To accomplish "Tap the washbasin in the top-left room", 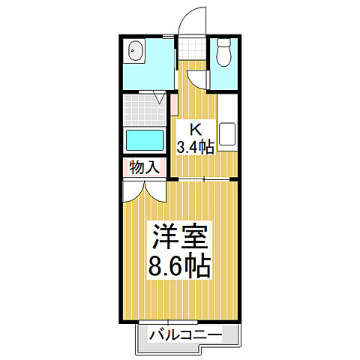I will pos(136,53).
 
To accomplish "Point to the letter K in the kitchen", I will pos(194,129).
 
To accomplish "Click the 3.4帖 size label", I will pos(195,146).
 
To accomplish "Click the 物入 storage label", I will pos(144,167).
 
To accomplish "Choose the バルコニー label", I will pos(184,334).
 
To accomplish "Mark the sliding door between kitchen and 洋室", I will pos(207,179).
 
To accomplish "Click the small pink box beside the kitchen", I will pos(173,105).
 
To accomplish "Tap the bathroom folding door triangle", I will pos(160,97).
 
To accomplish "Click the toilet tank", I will pos(223,43).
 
